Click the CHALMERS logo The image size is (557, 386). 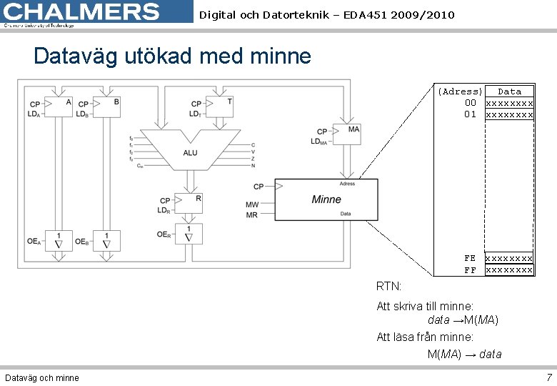(x=82, y=13)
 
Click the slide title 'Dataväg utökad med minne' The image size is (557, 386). (x=172, y=56)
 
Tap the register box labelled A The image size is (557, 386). (x=59, y=107)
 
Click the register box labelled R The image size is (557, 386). (x=189, y=204)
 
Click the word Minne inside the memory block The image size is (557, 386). (x=326, y=199)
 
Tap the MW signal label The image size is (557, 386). (x=252, y=204)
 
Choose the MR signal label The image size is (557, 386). (x=252, y=215)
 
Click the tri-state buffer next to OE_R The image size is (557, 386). (x=189, y=234)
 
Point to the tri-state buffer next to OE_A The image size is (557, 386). (x=59, y=241)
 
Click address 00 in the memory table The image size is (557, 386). (x=470, y=103)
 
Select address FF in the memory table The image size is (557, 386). (x=470, y=270)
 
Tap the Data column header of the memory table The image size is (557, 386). (x=509, y=91)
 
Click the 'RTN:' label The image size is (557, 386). (x=389, y=287)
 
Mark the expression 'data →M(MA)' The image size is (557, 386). (x=463, y=320)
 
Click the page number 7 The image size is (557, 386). (x=548, y=377)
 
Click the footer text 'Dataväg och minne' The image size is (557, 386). (x=42, y=377)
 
